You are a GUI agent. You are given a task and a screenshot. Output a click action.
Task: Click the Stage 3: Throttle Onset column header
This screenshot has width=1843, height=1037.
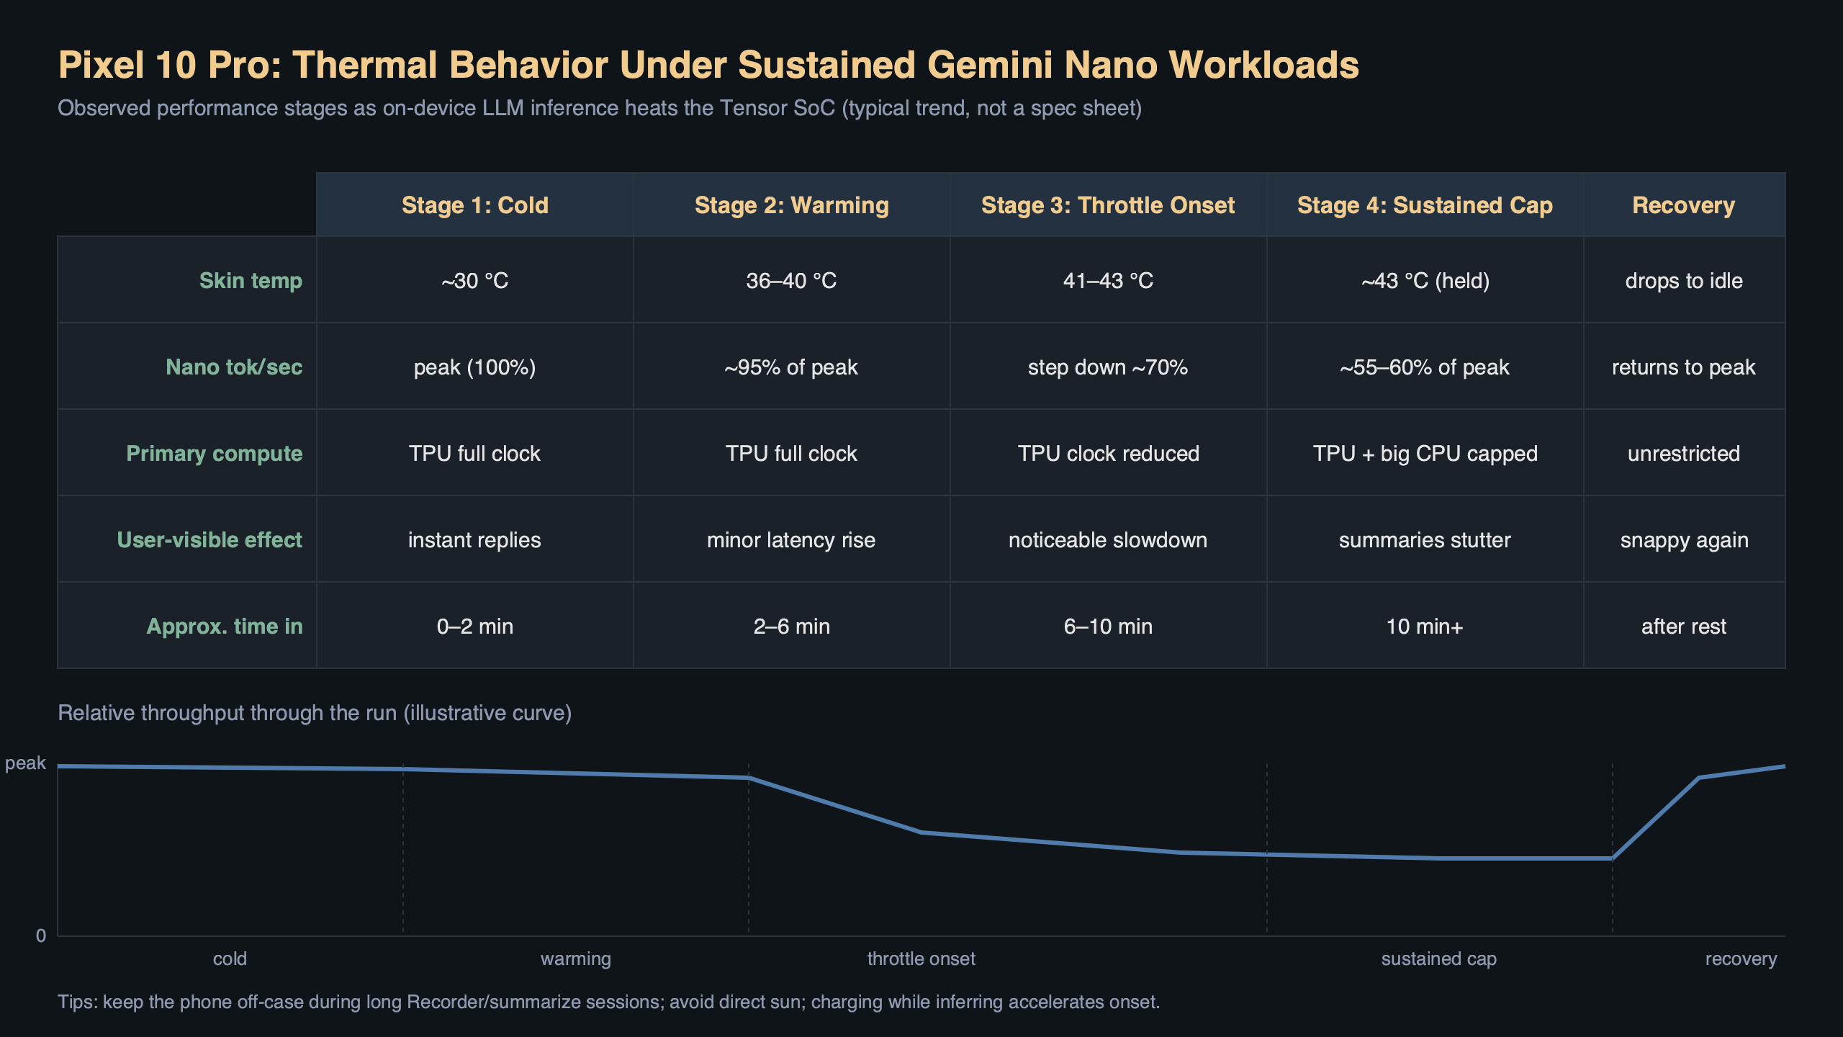[x=1107, y=205]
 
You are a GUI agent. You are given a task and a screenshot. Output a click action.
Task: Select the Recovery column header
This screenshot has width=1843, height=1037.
[x=1683, y=205]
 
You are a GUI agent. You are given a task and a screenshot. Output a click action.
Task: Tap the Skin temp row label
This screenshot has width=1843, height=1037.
[x=251, y=280]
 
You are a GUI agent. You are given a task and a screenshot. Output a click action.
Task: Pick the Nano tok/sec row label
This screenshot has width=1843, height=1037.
[x=234, y=367]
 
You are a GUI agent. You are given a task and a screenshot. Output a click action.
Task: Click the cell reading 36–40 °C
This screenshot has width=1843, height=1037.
[x=791, y=280]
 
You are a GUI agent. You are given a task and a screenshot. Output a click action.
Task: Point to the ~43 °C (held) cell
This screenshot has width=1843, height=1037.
[x=1425, y=280]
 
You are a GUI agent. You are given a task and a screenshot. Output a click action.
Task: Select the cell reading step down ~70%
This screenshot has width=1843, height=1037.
[x=1107, y=367]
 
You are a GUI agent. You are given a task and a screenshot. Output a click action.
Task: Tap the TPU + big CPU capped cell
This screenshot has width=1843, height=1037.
[x=1425, y=453]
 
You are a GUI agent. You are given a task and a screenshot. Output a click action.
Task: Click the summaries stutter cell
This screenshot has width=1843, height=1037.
[x=1425, y=539]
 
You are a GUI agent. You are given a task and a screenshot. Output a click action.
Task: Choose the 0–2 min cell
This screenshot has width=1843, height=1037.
[x=474, y=626]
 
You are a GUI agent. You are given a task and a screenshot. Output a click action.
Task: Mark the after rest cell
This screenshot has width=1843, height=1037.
[x=1683, y=626]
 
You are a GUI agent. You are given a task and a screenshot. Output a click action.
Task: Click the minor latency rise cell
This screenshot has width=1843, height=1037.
[x=791, y=539]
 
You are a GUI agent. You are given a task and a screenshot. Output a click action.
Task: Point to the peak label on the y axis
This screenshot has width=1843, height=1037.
[x=25, y=763]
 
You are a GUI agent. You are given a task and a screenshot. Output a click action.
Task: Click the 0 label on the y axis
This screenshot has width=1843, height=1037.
[x=41, y=935]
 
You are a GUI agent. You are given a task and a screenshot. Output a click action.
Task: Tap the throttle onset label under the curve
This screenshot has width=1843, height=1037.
[x=921, y=959]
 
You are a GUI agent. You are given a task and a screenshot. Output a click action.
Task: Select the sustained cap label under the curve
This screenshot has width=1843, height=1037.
[x=1438, y=959]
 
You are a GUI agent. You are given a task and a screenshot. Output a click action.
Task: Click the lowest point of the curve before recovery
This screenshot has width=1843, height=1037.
[x=1611, y=858]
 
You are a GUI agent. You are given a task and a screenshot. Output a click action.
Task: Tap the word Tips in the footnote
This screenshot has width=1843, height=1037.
[x=76, y=1002]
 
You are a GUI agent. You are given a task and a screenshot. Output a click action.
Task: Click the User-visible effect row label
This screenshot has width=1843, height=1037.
[x=209, y=539]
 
